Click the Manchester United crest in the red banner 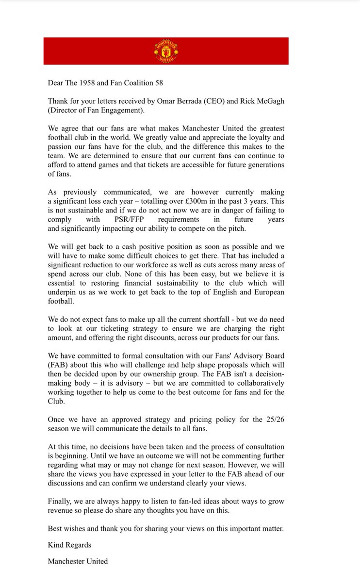(166, 51)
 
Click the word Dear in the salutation (56, 83)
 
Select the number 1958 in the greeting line (90, 83)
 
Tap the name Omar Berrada (184, 101)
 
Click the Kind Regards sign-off (69, 545)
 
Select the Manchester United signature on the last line (78, 561)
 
